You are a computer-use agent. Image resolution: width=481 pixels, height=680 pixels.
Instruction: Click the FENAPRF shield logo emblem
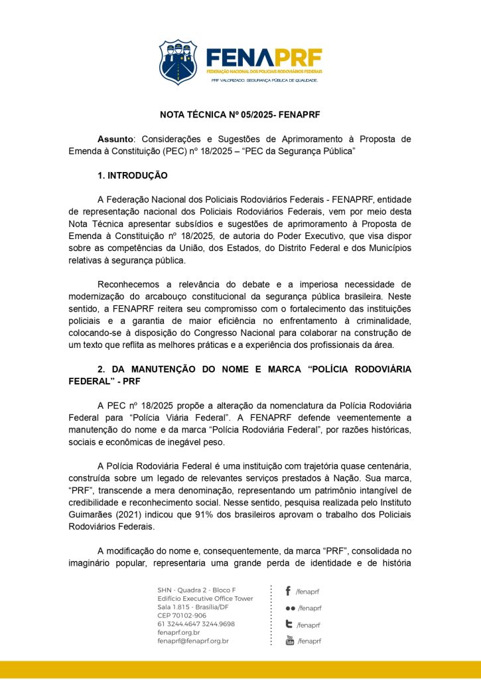tap(178, 62)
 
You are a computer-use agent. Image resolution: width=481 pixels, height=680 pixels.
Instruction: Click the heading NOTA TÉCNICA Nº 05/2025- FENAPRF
tap(240, 114)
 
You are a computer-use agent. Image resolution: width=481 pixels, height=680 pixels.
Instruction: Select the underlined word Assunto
tap(115, 139)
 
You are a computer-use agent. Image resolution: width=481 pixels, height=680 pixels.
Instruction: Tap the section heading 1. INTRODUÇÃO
tap(133, 176)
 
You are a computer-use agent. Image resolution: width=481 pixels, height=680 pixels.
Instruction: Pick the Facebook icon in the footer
tap(288, 590)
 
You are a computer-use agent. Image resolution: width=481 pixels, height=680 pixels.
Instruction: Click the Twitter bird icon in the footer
tap(289, 624)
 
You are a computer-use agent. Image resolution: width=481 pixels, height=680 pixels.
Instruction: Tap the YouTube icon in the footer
tap(289, 640)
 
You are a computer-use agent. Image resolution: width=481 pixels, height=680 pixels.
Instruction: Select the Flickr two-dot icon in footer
tap(290, 608)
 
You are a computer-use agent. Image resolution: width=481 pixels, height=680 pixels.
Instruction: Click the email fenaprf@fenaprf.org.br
tap(192, 641)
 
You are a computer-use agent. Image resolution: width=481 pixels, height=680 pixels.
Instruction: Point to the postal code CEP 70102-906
tap(181, 616)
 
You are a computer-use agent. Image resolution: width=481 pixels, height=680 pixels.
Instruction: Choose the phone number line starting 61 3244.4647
tap(196, 624)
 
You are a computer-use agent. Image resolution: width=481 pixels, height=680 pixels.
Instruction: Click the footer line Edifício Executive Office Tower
tap(205, 598)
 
